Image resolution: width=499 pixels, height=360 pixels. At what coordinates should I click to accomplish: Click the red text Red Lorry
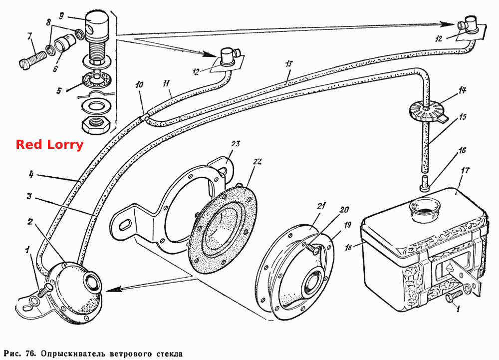(49, 144)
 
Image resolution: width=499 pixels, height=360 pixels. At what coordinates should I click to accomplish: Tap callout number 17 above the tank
(465, 171)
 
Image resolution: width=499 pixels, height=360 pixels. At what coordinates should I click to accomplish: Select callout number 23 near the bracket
(236, 144)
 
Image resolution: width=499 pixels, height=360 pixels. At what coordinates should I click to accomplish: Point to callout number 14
(462, 90)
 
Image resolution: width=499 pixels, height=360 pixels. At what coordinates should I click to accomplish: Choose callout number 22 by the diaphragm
(257, 162)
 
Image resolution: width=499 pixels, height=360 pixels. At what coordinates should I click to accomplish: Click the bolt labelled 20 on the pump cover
(312, 247)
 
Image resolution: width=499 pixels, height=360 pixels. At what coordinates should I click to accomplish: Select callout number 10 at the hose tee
(139, 84)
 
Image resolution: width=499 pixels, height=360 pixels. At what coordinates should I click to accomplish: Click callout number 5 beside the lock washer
(59, 91)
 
